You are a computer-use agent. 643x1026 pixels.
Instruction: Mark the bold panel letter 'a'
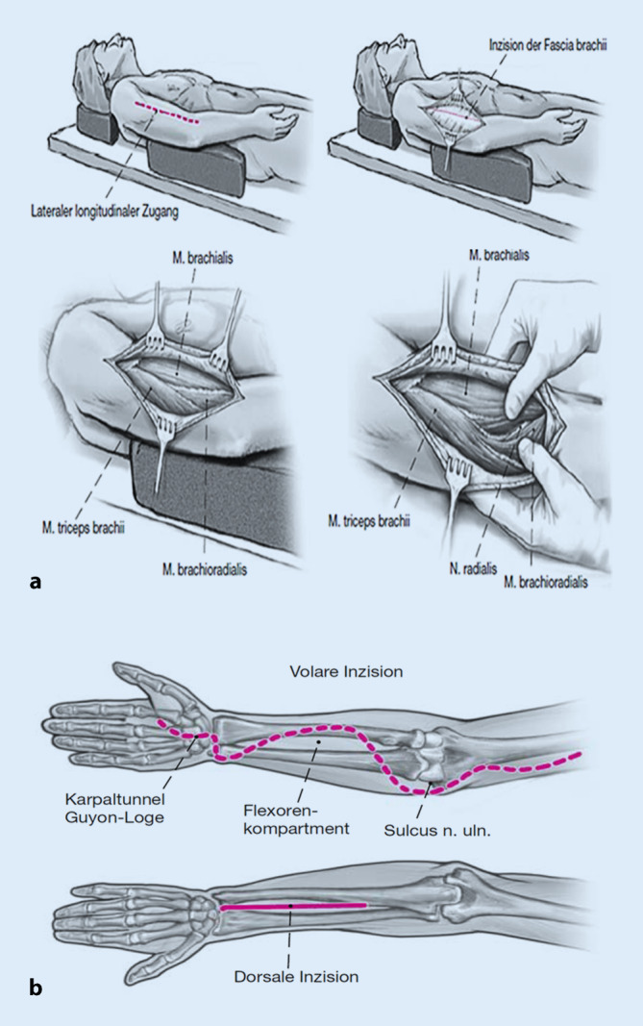point(36,580)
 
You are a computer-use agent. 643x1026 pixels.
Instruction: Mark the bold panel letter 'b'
point(36,986)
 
